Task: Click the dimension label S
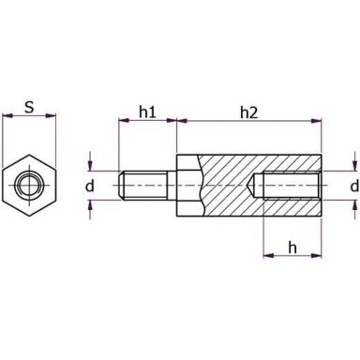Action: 29,108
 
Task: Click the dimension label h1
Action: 147,112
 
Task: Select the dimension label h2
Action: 248,112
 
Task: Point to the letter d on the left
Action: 90,187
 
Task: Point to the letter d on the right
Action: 353,187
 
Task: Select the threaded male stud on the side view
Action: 145,186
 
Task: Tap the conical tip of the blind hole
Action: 255,186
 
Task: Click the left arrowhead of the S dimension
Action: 7,118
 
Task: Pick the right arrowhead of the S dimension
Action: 52,118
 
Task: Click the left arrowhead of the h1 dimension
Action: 123,121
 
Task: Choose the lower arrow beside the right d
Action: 354,210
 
